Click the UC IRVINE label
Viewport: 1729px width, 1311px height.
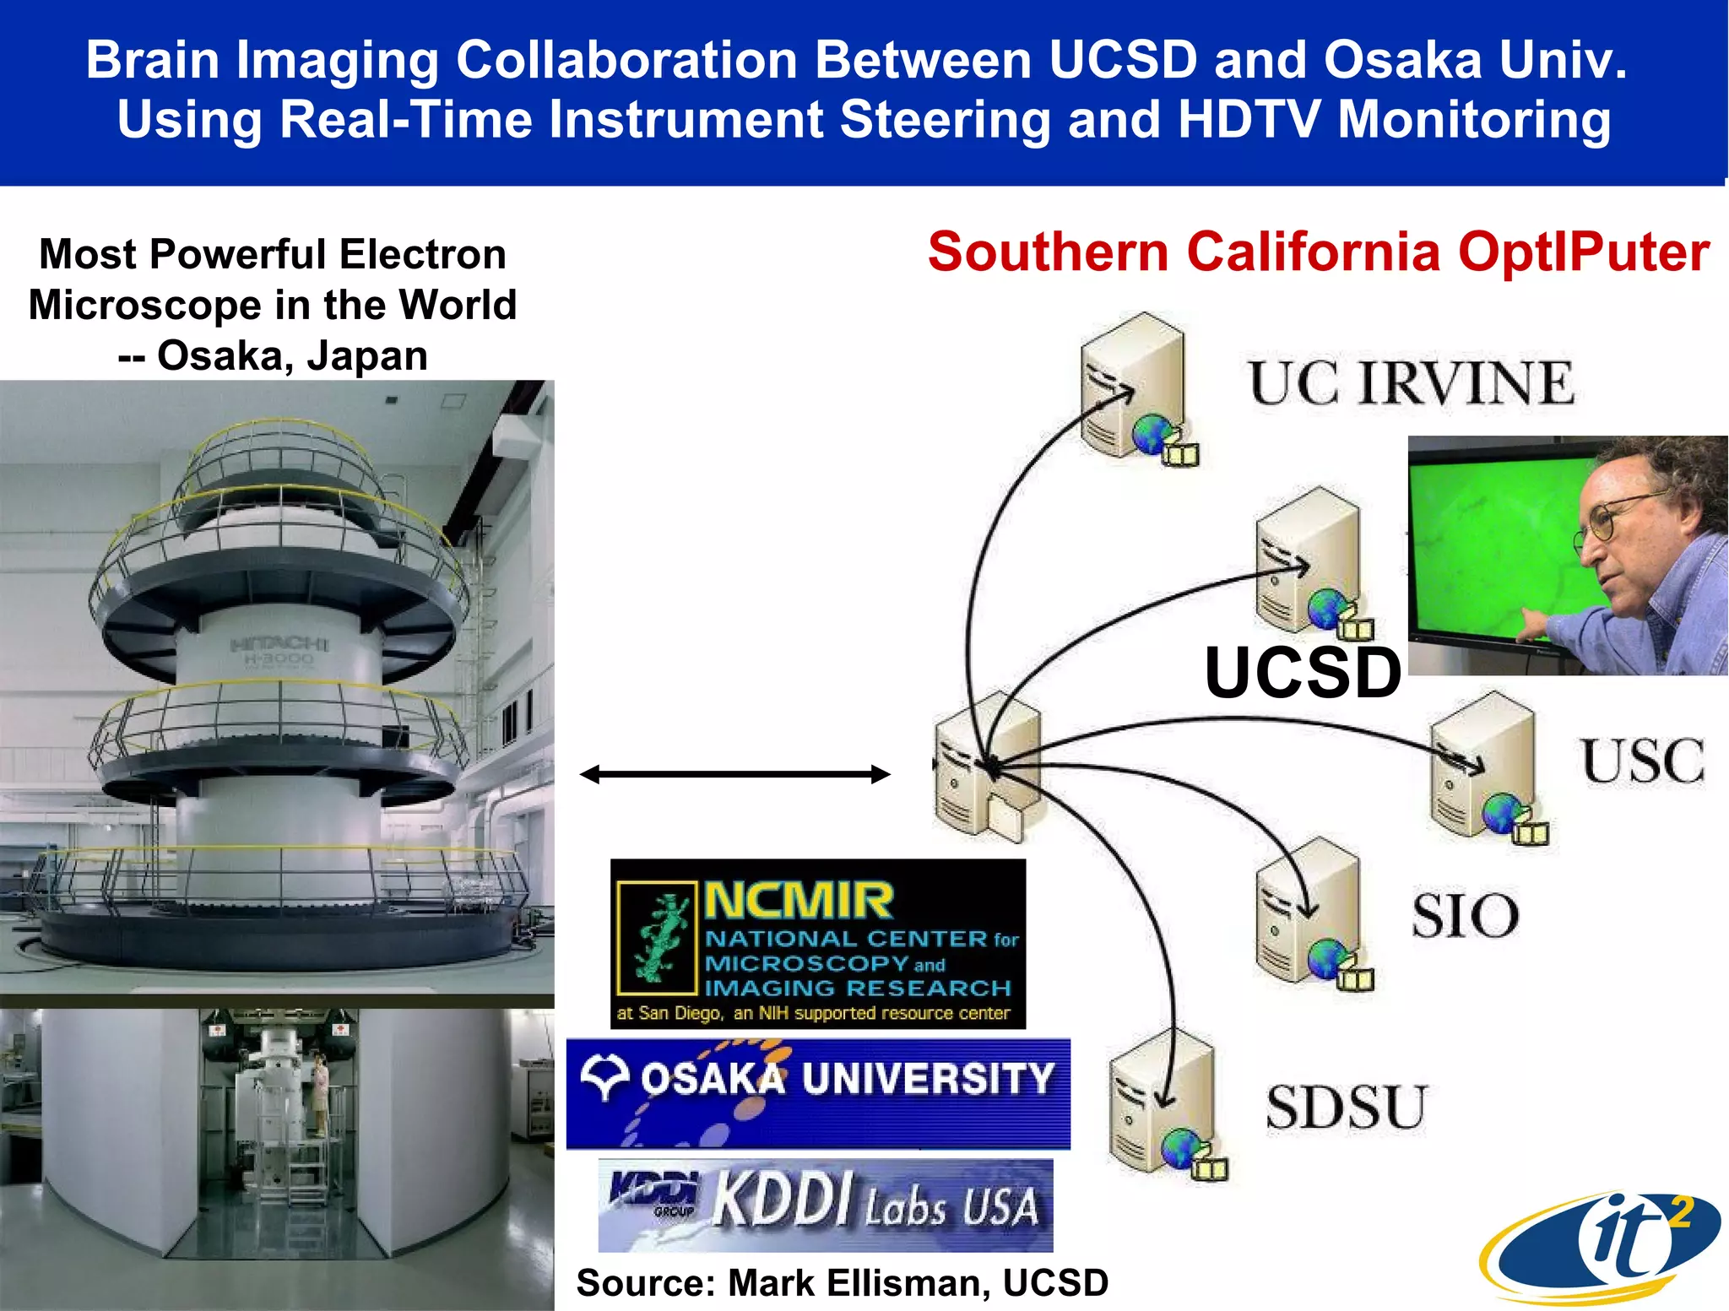(x=1412, y=384)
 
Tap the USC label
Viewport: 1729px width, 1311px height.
(x=1642, y=761)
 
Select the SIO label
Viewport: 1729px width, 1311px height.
(x=1466, y=916)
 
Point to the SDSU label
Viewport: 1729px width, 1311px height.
(x=1346, y=1108)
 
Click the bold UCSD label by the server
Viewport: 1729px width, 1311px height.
(x=1303, y=673)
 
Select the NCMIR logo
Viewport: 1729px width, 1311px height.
(x=817, y=944)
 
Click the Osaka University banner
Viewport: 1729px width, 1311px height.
(x=817, y=1093)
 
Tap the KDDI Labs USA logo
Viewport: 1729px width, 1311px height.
(x=826, y=1204)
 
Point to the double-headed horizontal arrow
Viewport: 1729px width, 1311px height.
(x=734, y=774)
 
